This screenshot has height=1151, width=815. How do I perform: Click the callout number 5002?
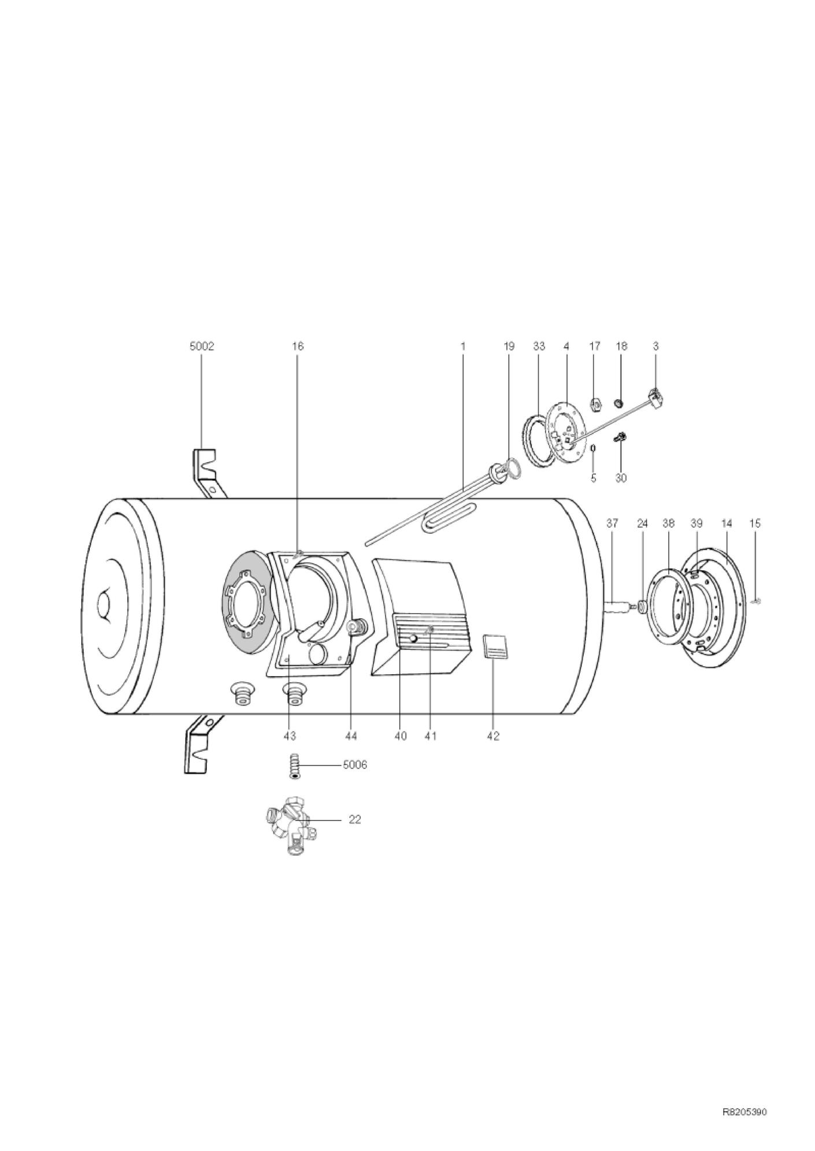coord(202,346)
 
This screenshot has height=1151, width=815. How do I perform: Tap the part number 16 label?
coord(298,346)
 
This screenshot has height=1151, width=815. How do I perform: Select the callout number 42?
coord(492,736)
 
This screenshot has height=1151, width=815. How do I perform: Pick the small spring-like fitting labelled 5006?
coord(295,766)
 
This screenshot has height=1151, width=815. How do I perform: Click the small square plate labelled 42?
coord(495,645)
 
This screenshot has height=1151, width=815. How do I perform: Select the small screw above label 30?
coord(622,437)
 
